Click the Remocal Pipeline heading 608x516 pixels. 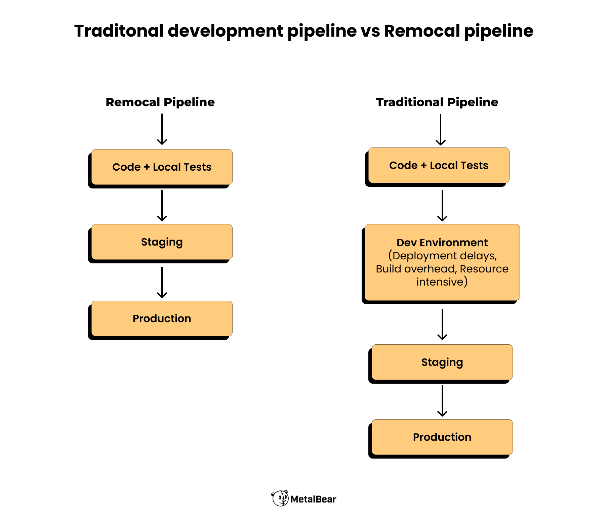(160, 102)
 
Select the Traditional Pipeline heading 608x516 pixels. (437, 102)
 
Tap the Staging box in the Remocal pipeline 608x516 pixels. (162, 242)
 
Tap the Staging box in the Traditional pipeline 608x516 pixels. (442, 362)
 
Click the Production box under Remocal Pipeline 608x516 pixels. (162, 318)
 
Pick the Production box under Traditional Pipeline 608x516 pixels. (442, 437)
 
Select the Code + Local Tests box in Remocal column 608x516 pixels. (162, 167)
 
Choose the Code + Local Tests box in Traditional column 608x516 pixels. (439, 165)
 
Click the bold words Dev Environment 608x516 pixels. (442, 243)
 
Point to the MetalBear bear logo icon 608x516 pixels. (280, 498)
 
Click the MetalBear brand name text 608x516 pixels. (313, 499)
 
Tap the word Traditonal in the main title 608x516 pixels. (119, 31)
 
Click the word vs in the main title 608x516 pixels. (370, 31)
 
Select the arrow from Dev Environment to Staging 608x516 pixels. (442, 324)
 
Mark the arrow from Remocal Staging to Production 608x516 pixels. (162, 282)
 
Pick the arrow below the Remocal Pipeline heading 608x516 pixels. (162, 129)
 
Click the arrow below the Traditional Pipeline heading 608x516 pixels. (441, 130)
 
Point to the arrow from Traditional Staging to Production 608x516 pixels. (442, 401)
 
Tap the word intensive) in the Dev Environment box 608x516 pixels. (442, 282)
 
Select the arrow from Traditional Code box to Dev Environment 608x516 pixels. (442, 206)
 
